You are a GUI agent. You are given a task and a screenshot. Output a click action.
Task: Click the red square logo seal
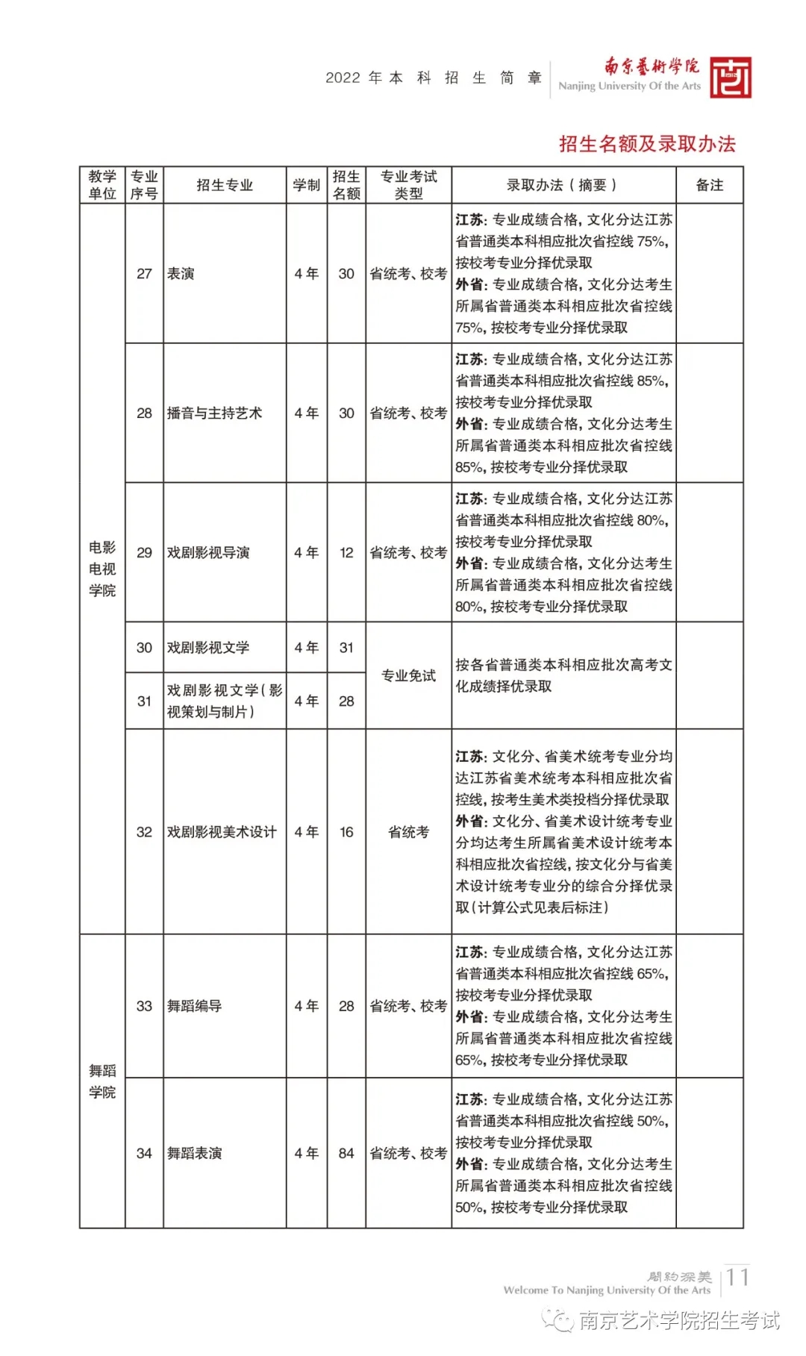[730, 78]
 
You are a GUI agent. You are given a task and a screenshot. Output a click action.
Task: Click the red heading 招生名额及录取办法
[647, 144]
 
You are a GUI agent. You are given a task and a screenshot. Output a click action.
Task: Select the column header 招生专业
[225, 185]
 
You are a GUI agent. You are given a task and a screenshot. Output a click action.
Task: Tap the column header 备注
[709, 185]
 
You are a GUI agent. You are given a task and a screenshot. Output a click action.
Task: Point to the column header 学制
[306, 185]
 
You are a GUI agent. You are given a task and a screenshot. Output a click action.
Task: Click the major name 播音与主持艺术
[215, 413]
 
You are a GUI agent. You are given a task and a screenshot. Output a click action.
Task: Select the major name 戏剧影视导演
[208, 552]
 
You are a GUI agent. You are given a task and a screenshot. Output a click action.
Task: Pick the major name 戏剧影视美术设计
[222, 832]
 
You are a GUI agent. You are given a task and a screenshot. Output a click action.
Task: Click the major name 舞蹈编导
[195, 1006]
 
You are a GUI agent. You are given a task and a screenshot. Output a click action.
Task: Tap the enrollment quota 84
[346, 1153]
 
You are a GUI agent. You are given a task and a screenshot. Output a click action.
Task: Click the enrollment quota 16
[346, 832]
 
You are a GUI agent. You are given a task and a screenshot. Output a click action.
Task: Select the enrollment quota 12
[346, 552]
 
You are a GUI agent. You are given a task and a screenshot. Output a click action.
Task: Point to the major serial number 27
[144, 274]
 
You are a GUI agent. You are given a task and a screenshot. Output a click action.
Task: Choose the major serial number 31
[144, 701]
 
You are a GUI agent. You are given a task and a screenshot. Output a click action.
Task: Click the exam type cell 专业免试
[408, 675]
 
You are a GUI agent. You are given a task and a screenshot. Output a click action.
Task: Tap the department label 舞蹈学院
[102, 1081]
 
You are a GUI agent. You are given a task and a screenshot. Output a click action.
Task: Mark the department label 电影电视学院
[102, 569]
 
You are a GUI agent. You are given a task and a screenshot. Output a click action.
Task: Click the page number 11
[737, 1277]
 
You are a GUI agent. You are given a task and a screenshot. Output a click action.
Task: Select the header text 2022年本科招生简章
[434, 78]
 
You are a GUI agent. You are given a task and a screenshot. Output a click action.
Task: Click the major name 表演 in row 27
[181, 274]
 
